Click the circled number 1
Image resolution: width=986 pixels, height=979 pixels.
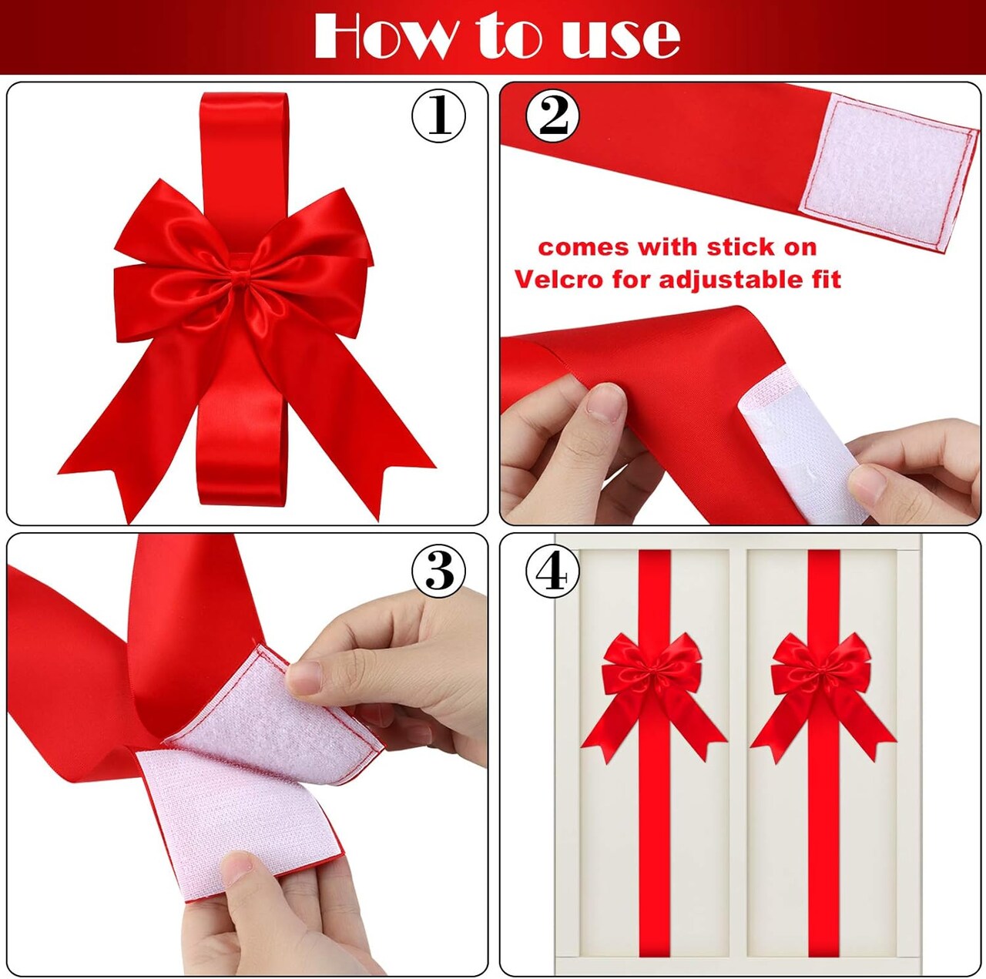point(438,116)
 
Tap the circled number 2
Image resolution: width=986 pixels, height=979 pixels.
point(552,116)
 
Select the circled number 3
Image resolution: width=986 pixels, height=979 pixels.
point(438,571)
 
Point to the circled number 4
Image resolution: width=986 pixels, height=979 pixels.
point(552,572)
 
